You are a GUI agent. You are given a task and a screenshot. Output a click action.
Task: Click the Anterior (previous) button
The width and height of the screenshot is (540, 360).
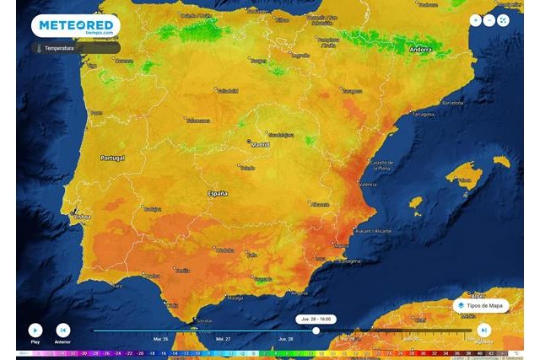(62, 330)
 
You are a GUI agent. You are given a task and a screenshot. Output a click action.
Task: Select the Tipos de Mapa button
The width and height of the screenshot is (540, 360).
(481, 304)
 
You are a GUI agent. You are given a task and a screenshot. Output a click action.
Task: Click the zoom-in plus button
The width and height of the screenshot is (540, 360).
(476, 20)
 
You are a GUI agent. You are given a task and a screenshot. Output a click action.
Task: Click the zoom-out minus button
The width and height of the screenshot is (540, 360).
(489, 20)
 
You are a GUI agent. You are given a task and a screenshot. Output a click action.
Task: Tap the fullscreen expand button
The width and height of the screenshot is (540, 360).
(504, 20)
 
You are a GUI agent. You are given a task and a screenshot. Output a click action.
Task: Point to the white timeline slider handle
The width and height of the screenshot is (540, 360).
(316, 330)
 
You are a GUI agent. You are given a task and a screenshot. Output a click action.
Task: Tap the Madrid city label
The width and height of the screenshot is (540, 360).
(262, 145)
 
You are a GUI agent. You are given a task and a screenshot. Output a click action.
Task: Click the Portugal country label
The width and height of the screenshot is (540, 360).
(112, 158)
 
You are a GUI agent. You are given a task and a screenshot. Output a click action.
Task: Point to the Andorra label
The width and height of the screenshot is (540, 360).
(420, 50)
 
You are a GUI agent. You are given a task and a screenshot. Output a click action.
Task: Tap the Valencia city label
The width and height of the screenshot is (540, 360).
(368, 183)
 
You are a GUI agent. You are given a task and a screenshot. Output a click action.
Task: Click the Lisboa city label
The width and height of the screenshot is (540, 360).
(83, 217)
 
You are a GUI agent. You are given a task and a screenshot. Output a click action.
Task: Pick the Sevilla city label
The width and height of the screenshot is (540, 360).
(182, 271)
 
